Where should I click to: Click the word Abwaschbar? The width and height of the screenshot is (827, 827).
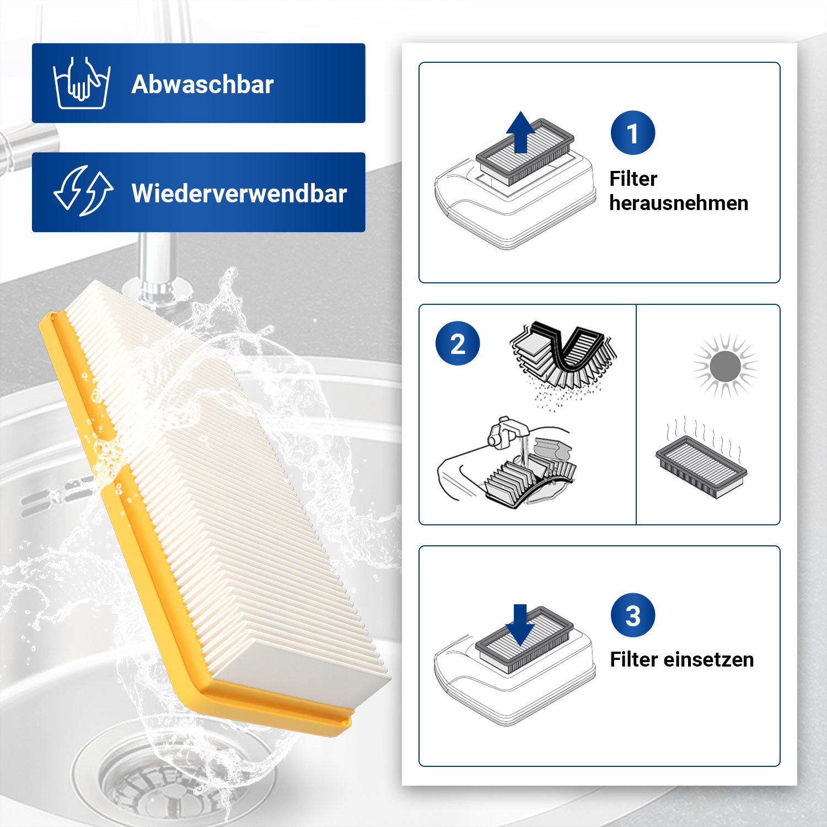[x=202, y=84]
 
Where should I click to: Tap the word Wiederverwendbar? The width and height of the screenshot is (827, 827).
[x=239, y=194]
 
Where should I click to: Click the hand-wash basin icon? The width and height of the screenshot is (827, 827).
[x=82, y=83]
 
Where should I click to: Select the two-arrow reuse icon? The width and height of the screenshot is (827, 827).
[x=83, y=191]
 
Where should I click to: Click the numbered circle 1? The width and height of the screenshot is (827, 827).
[x=633, y=133]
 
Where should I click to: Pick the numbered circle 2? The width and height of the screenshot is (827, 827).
[x=458, y=343]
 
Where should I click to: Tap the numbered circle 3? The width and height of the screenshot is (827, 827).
[x=633, y=615]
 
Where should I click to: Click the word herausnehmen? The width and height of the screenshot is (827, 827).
[x=679, y=203]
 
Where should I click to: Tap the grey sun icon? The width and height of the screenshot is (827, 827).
[x=725, y=366]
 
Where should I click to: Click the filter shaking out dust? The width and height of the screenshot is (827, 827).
[x=562, y=358]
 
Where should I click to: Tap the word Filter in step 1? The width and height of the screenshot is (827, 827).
[x=633, y=179]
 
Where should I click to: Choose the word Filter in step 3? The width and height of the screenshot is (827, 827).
[x=633, y=659]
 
